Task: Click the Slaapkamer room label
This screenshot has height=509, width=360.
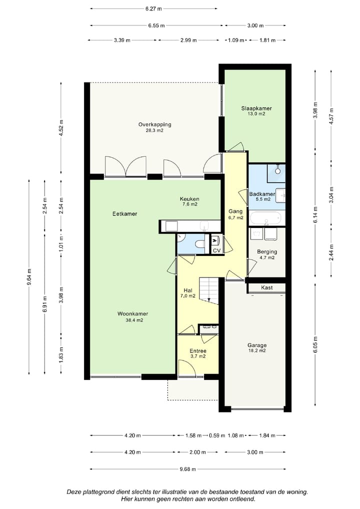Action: point(256,108)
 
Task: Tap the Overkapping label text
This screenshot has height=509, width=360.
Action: point(154,124)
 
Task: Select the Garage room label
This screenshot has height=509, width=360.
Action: point(257,345)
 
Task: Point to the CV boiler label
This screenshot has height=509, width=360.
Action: point(216,250)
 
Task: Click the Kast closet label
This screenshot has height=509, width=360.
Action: point(267,287)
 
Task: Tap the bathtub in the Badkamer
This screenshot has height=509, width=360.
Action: point(266,218)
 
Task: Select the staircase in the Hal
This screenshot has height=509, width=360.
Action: point(208,290)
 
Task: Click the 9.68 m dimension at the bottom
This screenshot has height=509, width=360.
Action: point(188,469)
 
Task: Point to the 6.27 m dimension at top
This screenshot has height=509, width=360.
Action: point(153,9)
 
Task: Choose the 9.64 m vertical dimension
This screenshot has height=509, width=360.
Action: point(29,277)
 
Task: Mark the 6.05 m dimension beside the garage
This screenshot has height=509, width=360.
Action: point(315,344)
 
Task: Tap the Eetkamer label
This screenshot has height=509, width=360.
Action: point(124,213)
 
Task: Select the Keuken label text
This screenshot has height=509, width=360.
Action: point(189,199)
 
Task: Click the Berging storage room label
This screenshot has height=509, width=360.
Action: point(267,251)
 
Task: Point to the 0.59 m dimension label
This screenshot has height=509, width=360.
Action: point(217,435)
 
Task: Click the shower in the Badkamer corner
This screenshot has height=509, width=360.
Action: point(276,173)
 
